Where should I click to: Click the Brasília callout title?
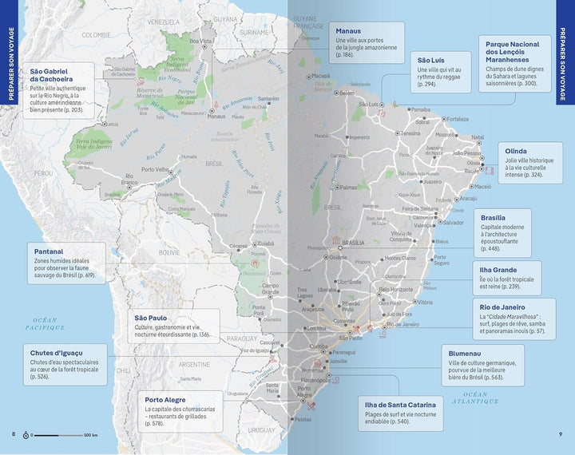click(x=494, y=217)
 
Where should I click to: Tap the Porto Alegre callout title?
click(x=171, y=399)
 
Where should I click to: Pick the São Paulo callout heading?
click(x=153, y=317)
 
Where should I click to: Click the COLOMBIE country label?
click(x=96, y=34)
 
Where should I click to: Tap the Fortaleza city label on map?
click(x=458, y=119)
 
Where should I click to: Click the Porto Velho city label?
click(x=155, y=169)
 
